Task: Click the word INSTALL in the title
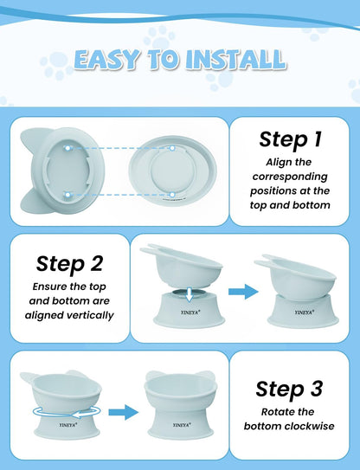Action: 235,59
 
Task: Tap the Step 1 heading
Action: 290,139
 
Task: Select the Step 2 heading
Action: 69,263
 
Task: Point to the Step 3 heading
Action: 289,389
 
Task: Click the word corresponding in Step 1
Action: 290,177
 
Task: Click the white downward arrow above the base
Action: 190,294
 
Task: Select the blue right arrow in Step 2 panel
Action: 243,292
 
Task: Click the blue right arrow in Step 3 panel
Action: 123,413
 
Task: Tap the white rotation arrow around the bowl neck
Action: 67,412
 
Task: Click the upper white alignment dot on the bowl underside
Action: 67,148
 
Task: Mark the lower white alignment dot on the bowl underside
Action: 67,195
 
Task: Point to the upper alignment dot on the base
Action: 172,148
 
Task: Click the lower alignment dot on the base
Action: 172,195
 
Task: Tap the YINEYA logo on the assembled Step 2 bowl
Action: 305,312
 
